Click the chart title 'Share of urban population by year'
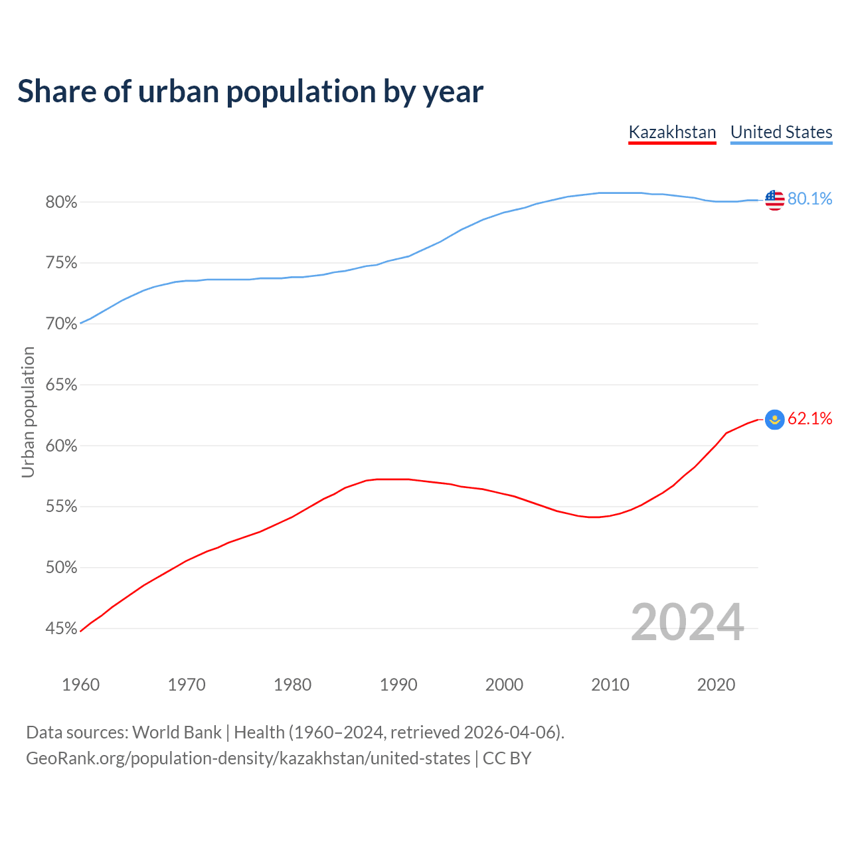250,92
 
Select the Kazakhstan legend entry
672,132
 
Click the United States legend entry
781,132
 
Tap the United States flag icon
774,199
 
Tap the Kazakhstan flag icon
774,419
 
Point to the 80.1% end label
809,199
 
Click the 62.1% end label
809,418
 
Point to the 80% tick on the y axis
61,203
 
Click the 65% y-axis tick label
61,385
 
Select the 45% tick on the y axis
61,629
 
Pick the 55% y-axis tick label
61,507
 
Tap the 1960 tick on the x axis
80,685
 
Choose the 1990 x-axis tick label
398,685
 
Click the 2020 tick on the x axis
716,685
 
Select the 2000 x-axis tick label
504,685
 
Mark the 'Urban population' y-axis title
28,412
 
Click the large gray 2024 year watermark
687,622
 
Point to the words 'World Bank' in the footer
177,732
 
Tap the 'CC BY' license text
507,758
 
